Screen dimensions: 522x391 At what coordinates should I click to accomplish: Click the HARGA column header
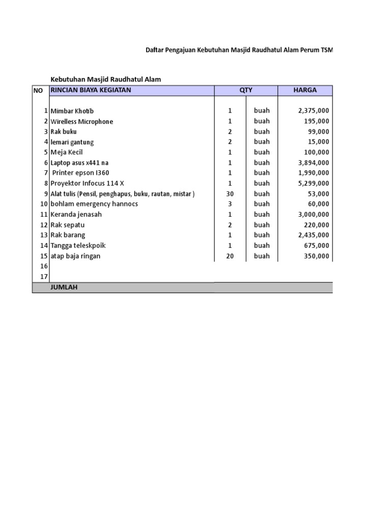click(x=305, y=90)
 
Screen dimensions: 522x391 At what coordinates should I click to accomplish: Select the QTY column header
click(x=246, y=90)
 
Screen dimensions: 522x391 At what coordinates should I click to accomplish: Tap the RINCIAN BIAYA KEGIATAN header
click(x=91, y=90)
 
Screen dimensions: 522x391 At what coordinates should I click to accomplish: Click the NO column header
click(x=38, y=90)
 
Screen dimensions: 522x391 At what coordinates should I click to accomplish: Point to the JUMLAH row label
click(x=64, y=288)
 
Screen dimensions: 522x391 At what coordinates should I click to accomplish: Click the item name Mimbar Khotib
click(x=72, y=111)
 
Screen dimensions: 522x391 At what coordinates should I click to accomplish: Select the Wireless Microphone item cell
click(x=82, y=121)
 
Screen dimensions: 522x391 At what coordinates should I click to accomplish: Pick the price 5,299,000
click(x=314, y=184)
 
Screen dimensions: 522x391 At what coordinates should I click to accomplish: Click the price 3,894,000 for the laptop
click(x=314, y=163)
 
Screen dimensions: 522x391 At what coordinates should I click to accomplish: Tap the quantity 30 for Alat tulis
click(x=230, y=194)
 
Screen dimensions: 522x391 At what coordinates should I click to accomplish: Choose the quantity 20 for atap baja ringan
click(x=230, y=256)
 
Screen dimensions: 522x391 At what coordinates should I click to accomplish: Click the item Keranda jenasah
click(x=76, y=215)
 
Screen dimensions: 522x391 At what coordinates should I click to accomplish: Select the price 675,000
click(x=317, y=246)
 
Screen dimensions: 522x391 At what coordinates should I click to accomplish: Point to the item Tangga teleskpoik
click(x=78, y=246)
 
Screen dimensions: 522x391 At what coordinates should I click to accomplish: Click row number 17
click(x=43, y=277)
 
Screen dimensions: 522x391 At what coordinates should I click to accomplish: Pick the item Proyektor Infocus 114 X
click(x=87, y=184)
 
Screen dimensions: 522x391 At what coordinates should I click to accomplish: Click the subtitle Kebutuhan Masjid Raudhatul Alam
click(x=105, y=79)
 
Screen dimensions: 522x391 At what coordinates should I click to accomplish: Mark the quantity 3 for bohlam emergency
click(x=230, y=204)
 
